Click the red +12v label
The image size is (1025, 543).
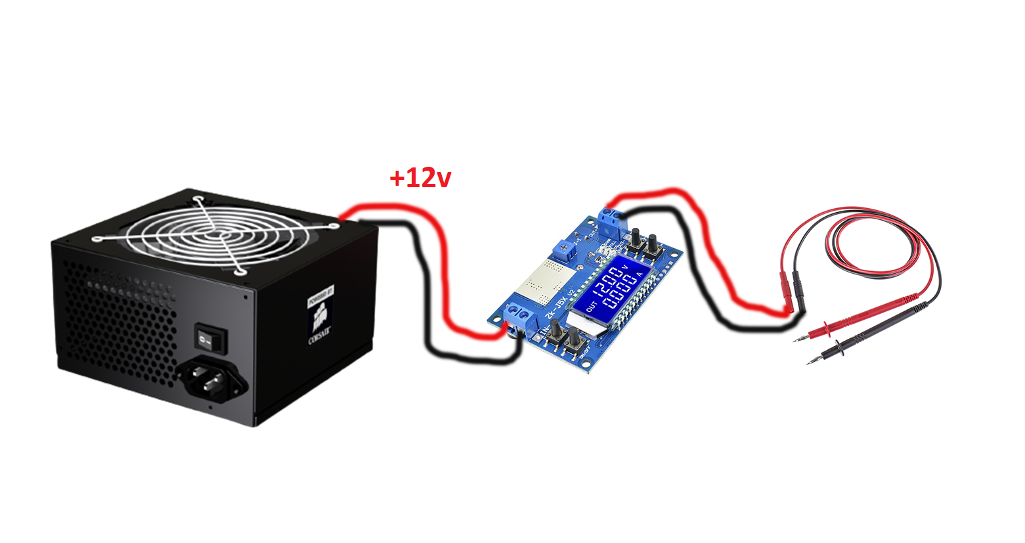[420, 179]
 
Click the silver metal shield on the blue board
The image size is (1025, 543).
[543, 282]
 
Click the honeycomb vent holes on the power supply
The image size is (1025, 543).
[118, 315]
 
